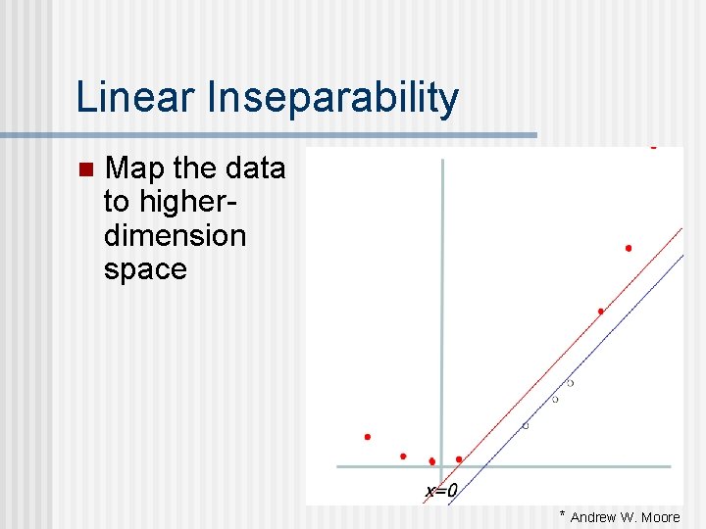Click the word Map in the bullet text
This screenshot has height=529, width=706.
pyautogui.click(x=135, y=168)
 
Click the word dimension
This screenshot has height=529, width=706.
pyautogui.click(x=175, y=235)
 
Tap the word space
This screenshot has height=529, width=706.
pyautogui.click(x=144, y=269)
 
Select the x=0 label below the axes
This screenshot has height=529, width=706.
pyautogui.click(x=441, y=490)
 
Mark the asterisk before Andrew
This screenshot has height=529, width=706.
pyautogui.click(x=563, y=514)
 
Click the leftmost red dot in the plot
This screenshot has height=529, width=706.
pyautogui.click(x=368, y=437)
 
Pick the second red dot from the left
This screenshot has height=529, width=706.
pyautogui.click(x=403, y=457)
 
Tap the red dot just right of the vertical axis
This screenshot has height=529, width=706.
pyautogui.click(x=459, y=459)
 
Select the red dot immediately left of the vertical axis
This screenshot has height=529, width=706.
pyautogui.click(x=431, y=461)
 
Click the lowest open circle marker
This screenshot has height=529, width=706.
pyautogui.click(x=525, y=426)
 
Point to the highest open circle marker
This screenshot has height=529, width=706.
pyautogui.click(x=570, y=383)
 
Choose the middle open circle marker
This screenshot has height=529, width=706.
pyautogui.click(x=555, y=400)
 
